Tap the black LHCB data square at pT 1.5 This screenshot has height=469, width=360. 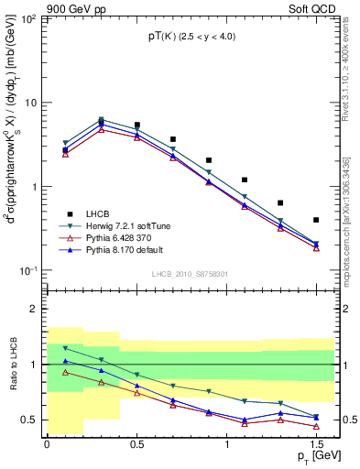pos(316,220)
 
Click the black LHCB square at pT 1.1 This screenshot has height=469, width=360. pos(245,180)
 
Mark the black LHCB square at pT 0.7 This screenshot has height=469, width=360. pos(173,139)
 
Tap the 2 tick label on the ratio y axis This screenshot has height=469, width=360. pos(34,310)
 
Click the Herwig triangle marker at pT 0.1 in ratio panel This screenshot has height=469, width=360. pos(65,348)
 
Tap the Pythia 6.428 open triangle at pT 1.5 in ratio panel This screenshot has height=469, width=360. pos(316,426)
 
